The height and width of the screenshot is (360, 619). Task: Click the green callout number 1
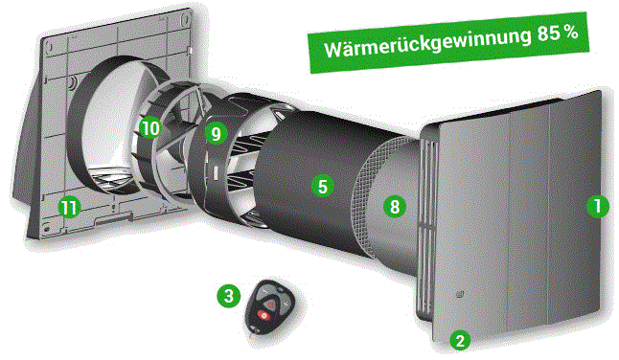coord(598,206)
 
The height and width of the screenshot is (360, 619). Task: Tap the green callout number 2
coord(460,340)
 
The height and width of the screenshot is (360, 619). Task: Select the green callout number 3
coord(229,296)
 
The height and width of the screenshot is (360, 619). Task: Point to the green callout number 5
coord(323,186)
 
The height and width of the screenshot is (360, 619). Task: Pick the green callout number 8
coord(395,207)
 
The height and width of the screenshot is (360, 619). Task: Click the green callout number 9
coord(216,133)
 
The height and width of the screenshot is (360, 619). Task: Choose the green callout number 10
coord(150,127)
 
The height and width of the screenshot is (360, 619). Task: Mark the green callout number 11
coord(70,208)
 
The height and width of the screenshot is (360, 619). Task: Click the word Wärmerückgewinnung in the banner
coord(427,43)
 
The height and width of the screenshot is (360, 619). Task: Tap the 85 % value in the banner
coord(558,34)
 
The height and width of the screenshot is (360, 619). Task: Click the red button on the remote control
coord(264,315)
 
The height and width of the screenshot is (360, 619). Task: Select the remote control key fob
coord(270,307)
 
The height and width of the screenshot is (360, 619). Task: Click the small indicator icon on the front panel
coord(459,294)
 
